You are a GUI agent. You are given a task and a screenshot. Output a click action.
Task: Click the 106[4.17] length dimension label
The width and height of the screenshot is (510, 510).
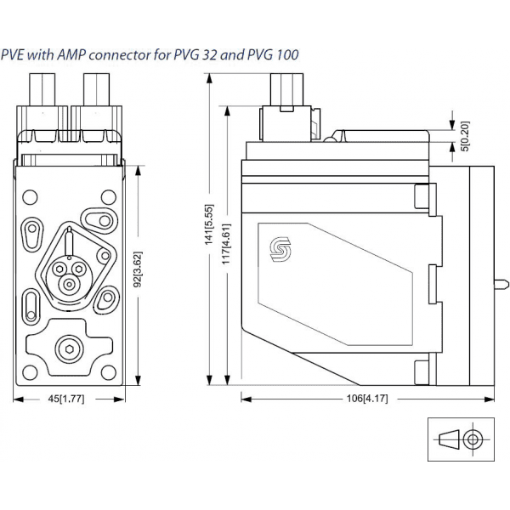366,398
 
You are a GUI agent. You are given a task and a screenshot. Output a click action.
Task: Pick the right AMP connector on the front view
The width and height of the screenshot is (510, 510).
96,100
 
